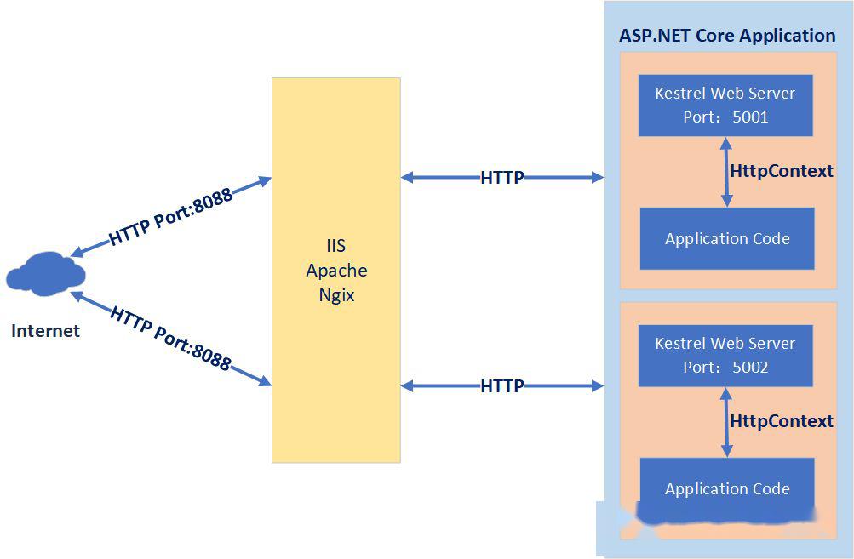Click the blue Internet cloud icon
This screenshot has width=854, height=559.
click(45, 274)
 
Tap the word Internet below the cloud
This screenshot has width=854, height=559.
click(45, 331)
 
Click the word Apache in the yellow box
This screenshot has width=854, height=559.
click(336, 271)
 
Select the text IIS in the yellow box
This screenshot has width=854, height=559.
click(336, 246)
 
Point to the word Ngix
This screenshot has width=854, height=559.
click(336, 295)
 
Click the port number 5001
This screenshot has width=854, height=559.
click(750, 117)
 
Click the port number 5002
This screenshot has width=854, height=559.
click(750, 368)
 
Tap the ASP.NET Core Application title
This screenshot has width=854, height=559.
click(727, 36)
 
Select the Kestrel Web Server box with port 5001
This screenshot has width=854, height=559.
click(725, 106)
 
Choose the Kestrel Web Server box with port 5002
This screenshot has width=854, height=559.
click(725, 356)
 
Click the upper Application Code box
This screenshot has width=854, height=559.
click(727, 238)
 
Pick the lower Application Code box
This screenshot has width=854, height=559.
click(727, 488)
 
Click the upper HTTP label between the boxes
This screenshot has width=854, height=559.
click(502, 178)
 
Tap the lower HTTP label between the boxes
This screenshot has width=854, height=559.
click(502, 386)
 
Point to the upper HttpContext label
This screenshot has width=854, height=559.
click(782, 171)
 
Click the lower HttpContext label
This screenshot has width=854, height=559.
click(782, 421)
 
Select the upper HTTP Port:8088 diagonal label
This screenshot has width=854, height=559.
click(171, 216)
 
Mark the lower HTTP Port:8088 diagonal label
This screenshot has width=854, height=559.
click(171, 339)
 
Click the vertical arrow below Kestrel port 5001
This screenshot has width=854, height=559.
click(726, 172)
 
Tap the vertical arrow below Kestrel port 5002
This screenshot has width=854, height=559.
click(726, 422)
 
